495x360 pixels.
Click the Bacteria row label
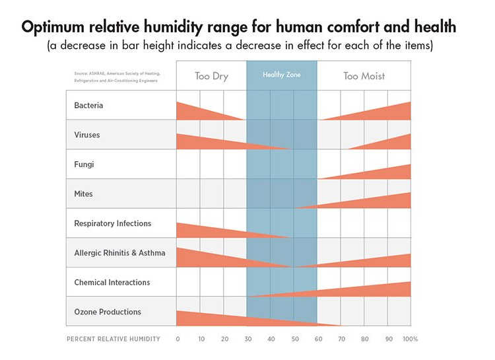88,106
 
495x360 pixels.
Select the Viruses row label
87,135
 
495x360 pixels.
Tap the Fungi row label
84,164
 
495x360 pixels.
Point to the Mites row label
83,194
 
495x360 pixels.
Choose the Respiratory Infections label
112,223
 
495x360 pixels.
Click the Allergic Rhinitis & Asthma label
119,253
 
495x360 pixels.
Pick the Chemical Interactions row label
112,282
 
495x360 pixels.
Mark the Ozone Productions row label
107,312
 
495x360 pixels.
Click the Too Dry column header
211,76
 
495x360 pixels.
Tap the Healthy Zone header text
282,75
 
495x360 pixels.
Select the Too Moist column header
364,76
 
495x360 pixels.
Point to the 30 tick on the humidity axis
247,339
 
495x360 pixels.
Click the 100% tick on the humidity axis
411,339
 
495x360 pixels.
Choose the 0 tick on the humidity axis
178,339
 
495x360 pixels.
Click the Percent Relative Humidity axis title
113,339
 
